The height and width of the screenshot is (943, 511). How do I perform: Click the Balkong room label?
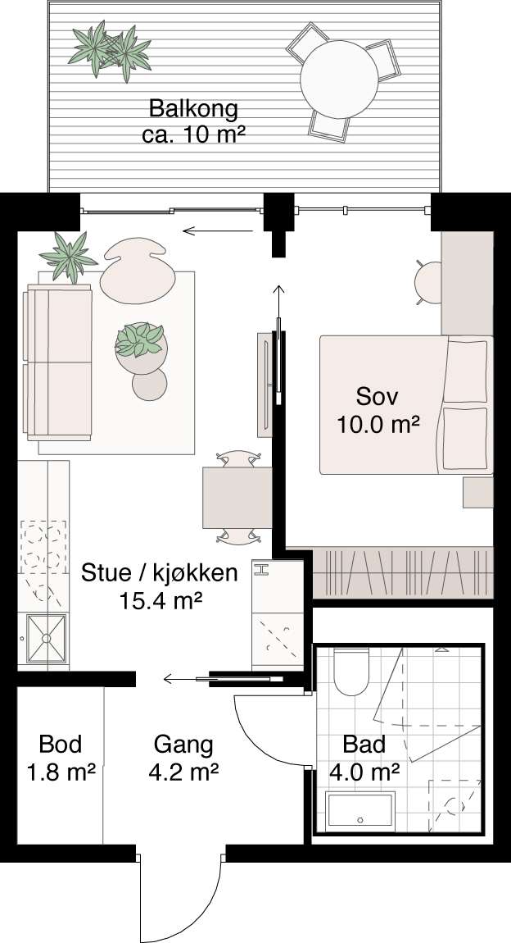[x=194, y=121]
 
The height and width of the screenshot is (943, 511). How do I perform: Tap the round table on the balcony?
[x=337, y=80]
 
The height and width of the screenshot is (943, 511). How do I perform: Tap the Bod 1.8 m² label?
[x=61, y=758]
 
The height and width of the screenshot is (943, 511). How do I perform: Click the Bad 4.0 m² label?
[x=364, y=758]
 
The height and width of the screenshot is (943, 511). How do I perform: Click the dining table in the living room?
[x=237, y=497]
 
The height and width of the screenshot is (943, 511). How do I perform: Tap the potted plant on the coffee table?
[x=142, y=340]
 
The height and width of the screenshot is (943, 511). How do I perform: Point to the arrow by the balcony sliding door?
[x=216, y=231]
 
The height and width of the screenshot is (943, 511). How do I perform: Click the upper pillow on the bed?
[x=466, y=367]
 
